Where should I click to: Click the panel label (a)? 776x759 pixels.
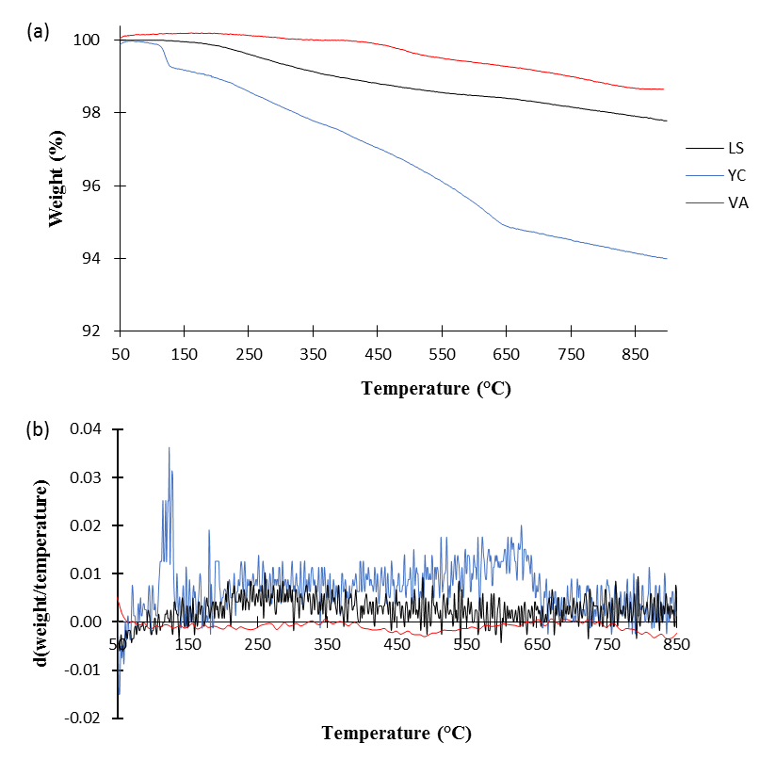tap(39, 31)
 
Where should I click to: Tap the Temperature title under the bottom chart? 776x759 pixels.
tap(396, 732)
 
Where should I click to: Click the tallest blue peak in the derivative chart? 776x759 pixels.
tap(169, 448)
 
